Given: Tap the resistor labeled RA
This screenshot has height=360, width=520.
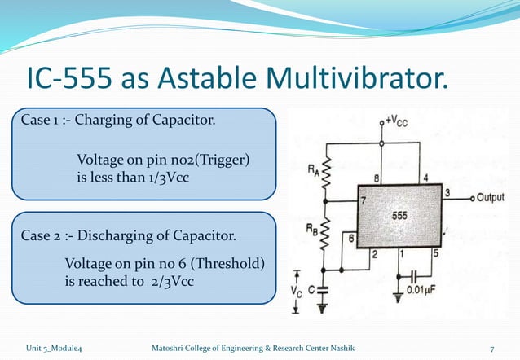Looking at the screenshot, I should pyautogui.click(x=325, y=171).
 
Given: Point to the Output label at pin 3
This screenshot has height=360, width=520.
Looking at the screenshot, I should pyautogui.click(x=490, y=198).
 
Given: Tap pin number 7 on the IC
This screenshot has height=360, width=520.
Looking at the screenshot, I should pyautogui.click(x=364, y=200).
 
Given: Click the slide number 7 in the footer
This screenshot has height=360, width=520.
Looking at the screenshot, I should pyautogui.click(x=491, y=349).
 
